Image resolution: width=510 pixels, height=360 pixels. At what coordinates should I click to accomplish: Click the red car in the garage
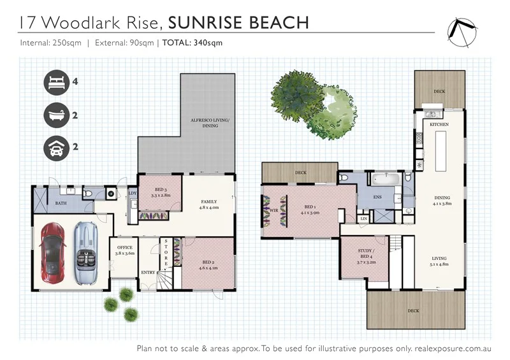click(x=52, y=253)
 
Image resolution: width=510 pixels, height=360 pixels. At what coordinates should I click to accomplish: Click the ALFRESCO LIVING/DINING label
click(x=210, y=123)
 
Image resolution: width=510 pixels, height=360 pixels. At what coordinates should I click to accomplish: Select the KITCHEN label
click(x=439, y=124)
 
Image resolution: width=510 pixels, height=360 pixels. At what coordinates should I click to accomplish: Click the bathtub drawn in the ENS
click(x=386, y=179)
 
